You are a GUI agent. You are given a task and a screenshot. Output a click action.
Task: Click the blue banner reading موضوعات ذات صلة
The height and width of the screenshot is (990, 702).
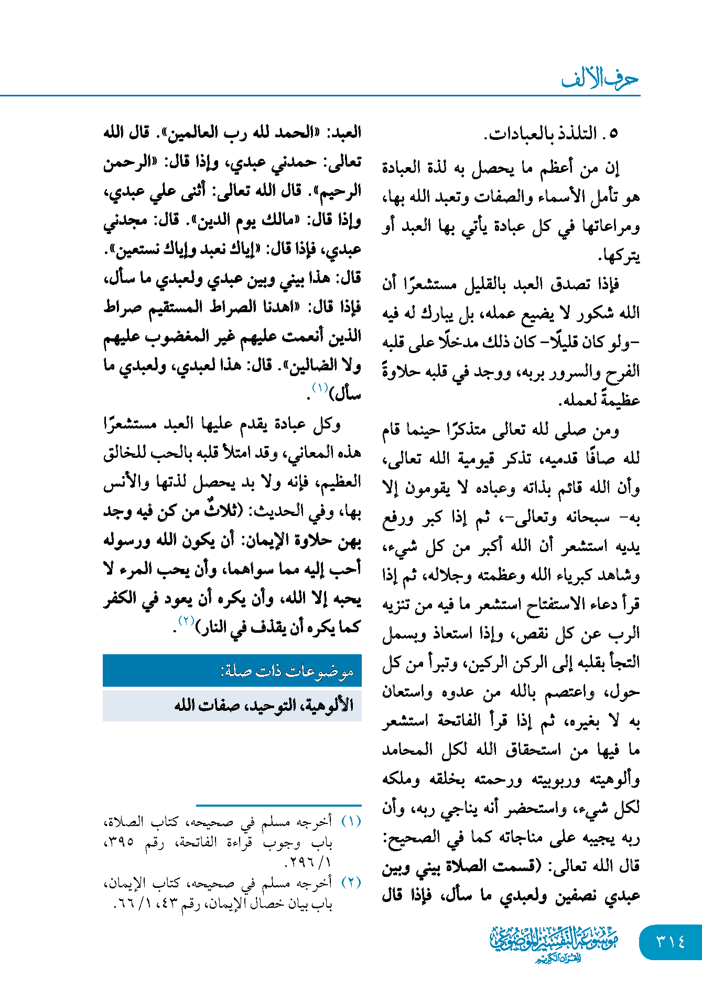click(x=232, y=671)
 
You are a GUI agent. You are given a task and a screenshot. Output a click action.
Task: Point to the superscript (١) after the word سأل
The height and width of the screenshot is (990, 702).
click(x=319, y=388)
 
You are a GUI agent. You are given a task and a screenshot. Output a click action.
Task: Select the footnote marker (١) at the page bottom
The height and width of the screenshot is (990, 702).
click(x=351, y=821)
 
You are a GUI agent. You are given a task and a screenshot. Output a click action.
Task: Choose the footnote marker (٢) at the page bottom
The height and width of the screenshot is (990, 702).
click(x=351, y=882)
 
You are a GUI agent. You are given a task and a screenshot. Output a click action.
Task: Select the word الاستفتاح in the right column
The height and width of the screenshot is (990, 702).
click(x=554, y=604)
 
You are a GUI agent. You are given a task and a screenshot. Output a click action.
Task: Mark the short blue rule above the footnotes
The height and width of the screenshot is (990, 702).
click(x=278, y=805)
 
